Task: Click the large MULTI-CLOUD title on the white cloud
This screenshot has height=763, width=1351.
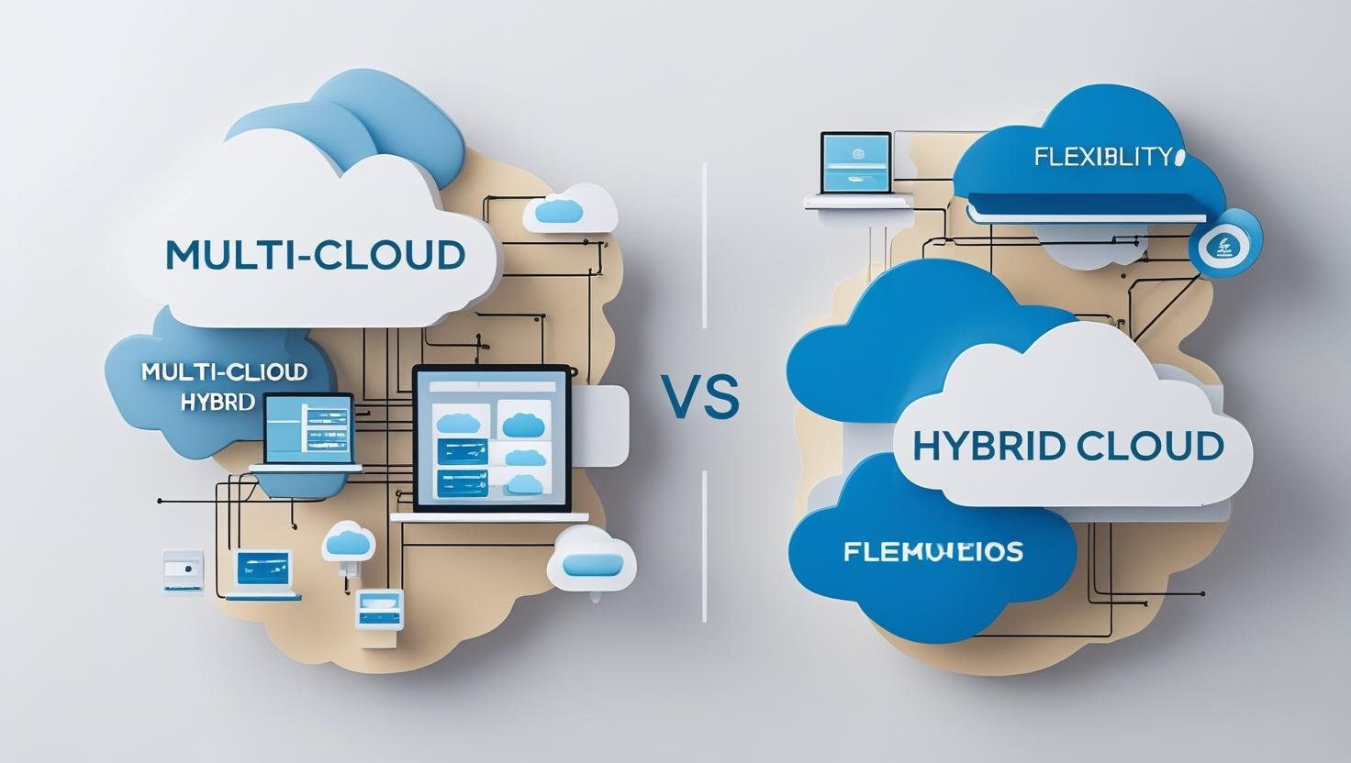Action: point(315,254)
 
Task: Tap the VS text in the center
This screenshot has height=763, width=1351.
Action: point(700,399)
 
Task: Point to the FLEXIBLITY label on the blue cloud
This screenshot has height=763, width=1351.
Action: point(1102,157)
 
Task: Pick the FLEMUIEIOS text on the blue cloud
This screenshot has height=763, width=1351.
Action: point(932,552)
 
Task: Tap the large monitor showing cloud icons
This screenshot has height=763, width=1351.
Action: point(492,439)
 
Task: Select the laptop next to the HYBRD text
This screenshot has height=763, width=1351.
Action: point(307,431)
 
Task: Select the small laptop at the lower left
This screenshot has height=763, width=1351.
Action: point(263,572)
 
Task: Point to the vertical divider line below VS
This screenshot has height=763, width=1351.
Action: point(704,546)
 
